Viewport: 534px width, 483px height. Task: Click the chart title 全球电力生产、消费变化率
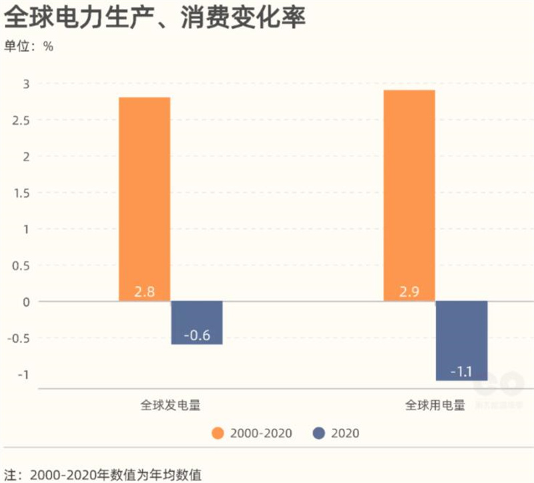pyautogui.click(x=155, y=18)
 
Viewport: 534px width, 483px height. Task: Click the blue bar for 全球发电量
pyautogui.click(x=196, y=322)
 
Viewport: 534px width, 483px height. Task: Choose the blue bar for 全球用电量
pyautogui.click(x=461, y=340)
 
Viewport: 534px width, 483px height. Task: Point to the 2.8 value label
pyautogui.click(x=144, y=292)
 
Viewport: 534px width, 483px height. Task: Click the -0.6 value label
pyautogui.click(x=196, y=335)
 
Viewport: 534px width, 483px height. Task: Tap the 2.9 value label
pyautogui.click(x=409, y=292)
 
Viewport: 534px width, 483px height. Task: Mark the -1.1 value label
pyautogui.click(x=461, y=371)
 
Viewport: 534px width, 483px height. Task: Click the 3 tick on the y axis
pyautogui.click(x=27, y=84)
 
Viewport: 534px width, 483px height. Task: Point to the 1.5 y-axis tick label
pyautogui.click(x=23, y=193)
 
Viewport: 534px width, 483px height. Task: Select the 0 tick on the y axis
pyautogui.click(x=27, y=301)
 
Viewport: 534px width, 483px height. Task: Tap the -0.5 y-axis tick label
pyautogui.click(x=20, y=337)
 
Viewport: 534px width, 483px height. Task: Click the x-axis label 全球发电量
pyautogui.click(x=170, y=406)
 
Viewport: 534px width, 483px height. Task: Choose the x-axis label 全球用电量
pyautogui.click(x=435, y=406)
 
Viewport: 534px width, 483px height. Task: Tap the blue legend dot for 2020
pyautogui.click(x=318, y=433)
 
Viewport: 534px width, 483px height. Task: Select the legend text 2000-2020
pyautogui.click(x=261, y=433)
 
